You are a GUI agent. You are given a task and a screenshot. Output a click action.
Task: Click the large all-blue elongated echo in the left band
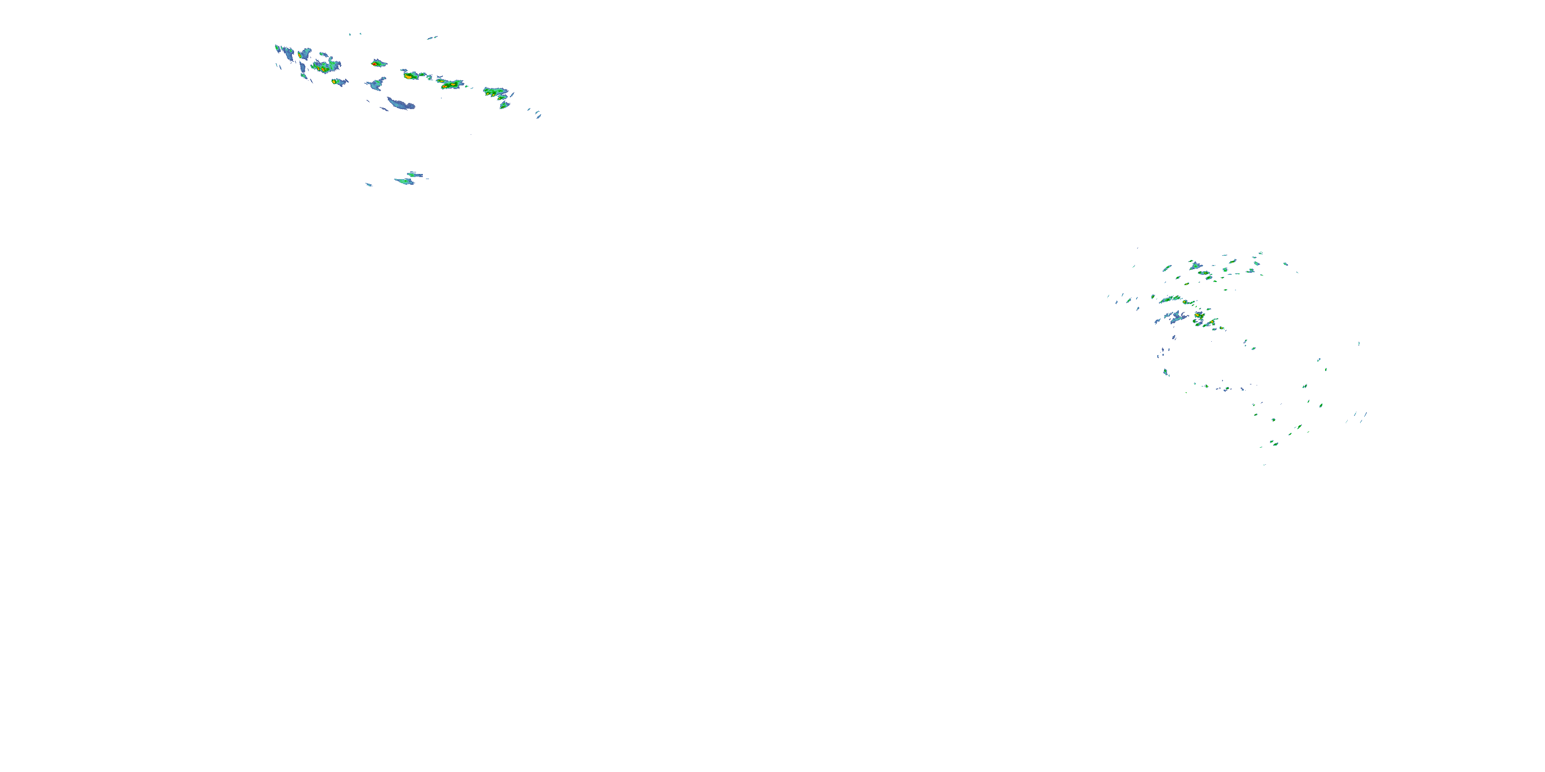[401, 104]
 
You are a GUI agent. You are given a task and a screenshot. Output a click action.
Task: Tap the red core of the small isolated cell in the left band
[375, 63]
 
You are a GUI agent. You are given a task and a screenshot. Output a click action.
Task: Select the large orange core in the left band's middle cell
[409, 76]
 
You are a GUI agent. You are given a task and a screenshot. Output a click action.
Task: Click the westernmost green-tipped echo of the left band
[278, 48]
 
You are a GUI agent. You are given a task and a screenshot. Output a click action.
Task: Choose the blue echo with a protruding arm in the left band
[376, 84]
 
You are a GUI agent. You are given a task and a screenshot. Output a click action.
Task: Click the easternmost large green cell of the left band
[496, 93]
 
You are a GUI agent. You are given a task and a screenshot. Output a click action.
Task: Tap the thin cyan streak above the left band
[432, 38]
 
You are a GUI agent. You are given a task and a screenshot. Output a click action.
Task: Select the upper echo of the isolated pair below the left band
[414, 174]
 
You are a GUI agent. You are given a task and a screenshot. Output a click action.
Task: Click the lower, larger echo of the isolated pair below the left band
[405, 181]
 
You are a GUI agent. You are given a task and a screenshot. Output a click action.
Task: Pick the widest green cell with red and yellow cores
[451, 84]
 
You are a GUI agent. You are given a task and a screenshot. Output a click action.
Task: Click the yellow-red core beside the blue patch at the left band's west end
[300, 55]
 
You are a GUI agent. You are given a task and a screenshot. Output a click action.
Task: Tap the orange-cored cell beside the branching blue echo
[1199, 315]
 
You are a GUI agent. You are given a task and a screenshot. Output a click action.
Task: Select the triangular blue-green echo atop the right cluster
[1195, 265]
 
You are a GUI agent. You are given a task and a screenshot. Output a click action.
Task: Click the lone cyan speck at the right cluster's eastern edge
[1359, 344]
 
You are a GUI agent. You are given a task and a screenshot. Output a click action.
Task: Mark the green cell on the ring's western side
[1166, 372]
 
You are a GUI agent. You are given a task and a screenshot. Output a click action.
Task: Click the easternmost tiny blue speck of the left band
[539, 116]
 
